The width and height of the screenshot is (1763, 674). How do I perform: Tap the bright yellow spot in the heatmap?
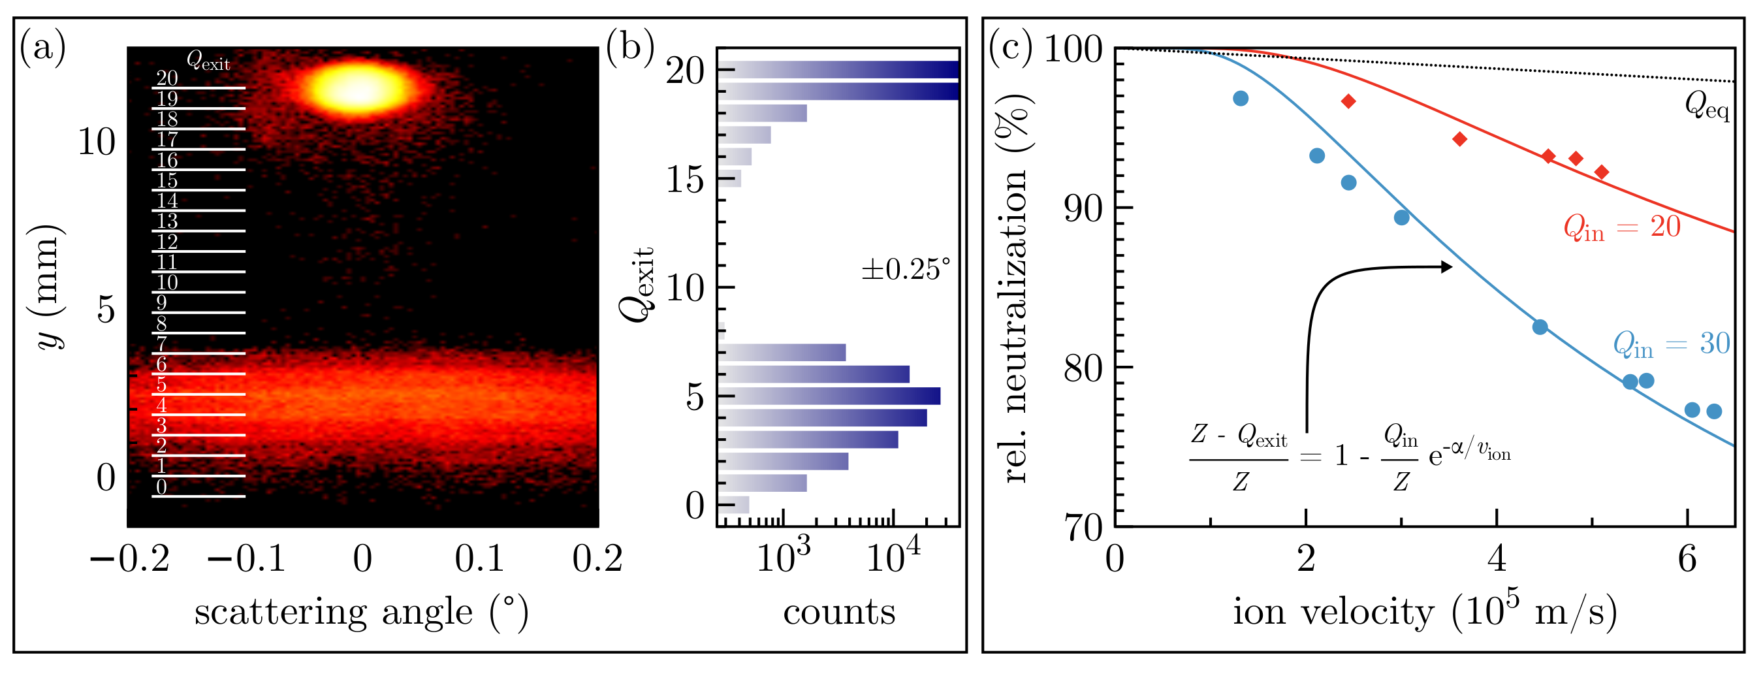tap(358, 89)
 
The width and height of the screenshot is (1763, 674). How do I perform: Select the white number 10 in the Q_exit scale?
tap(167, 283)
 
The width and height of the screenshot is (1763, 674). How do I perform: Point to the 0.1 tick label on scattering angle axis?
tap(479, 559)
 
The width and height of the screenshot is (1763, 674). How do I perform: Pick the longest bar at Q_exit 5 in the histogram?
tap(831, 396)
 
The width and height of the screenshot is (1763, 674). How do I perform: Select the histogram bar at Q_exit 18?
tap(763, 113)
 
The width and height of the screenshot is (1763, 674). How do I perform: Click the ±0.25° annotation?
tap(906, 270)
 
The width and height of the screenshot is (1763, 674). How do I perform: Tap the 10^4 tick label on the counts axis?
tap(893, 556)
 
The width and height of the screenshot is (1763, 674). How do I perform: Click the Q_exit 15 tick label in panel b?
tap(685, 180)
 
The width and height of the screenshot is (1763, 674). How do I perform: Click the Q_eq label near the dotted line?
tap(1707, 106)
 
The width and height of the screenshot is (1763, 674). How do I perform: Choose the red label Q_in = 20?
tap(1622, 227)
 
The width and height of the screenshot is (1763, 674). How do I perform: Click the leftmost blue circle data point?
tap(1241, 99)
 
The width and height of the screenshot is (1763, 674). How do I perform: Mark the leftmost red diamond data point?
tap(1348, 101)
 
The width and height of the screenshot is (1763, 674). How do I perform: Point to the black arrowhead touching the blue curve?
tap(1446, 267)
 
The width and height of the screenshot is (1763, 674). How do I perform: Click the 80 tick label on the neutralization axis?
tap(1083, 368)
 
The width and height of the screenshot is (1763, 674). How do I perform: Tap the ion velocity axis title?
tap(1425, 611)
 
